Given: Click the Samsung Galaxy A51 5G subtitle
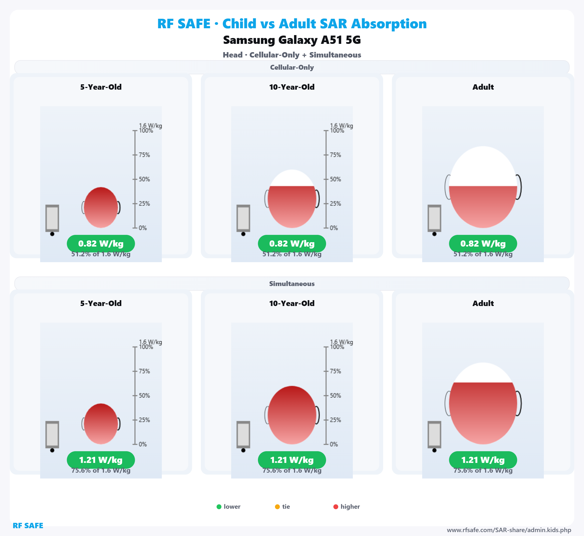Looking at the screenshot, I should coord(292,40).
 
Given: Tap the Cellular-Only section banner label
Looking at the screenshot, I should coord(292,67).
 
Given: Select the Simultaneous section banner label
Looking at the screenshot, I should coord(292,284).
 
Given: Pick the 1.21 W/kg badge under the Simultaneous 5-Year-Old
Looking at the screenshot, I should coord(101,460).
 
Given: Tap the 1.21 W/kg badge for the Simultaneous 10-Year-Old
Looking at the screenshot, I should coord(292,460).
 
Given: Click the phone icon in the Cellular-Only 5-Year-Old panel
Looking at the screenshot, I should coord(52,218).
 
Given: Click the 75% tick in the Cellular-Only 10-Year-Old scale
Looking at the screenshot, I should coord(326,155).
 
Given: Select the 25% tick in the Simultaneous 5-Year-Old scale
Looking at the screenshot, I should coord(135,420).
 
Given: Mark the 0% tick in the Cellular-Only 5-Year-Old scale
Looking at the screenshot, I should coord(135,228).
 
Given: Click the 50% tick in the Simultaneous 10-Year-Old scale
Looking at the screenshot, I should coord(326,396).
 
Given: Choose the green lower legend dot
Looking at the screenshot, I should coord(219,507).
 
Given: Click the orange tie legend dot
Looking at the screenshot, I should coord(277,507).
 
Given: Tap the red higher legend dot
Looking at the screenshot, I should coord(336,507).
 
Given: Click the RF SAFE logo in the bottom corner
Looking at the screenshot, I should coord(28,526).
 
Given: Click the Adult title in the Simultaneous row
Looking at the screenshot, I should coord(483,303).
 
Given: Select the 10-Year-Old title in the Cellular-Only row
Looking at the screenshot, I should coord(292,87).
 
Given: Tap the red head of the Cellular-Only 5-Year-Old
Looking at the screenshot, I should coord(101,208).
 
